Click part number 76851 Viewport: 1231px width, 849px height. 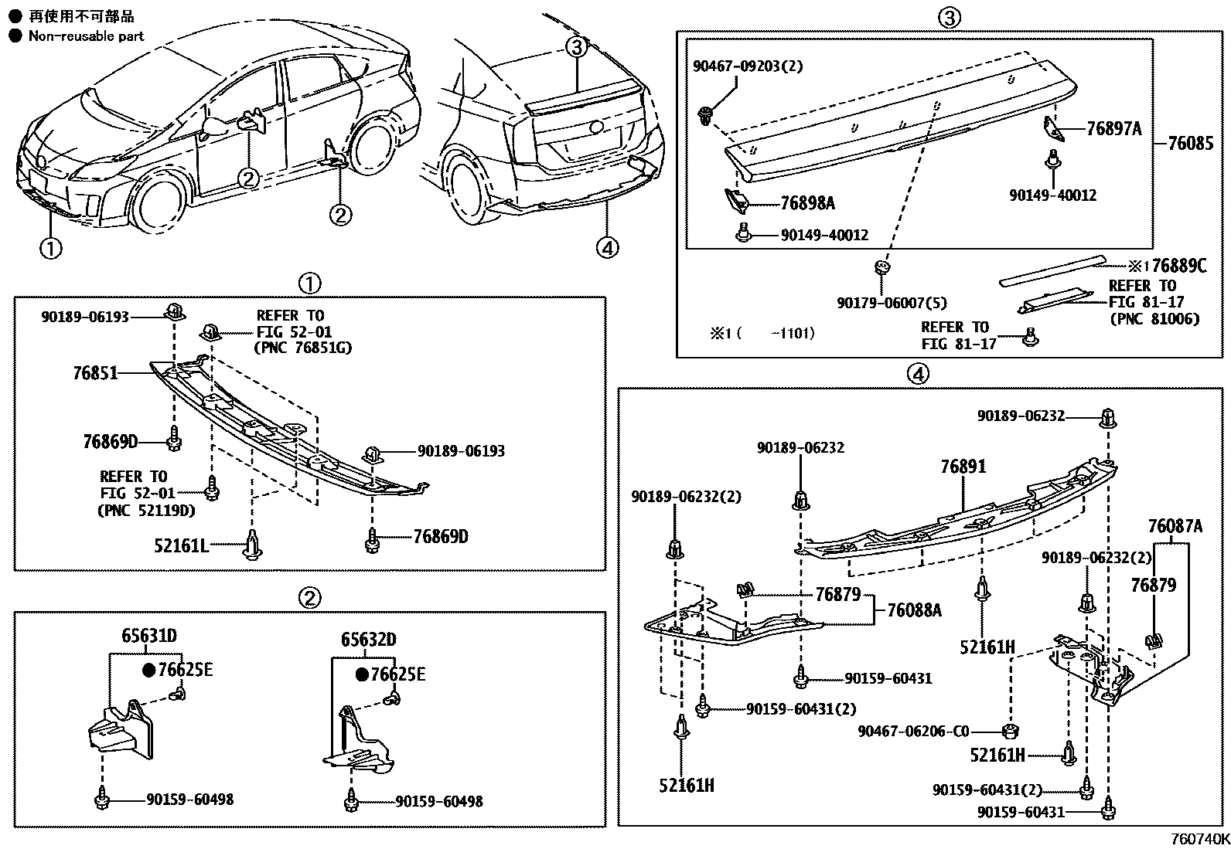click(95, 373)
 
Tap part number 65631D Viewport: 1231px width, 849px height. click(148, 636)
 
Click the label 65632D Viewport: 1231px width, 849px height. click(369, 640)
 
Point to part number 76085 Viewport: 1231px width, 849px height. click(1190, 144)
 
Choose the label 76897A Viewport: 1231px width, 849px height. click(1113, 129)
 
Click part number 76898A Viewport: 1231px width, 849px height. click(807, 203)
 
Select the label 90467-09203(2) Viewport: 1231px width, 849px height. click(747, 66)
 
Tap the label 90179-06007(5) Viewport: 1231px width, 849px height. click(892, 304)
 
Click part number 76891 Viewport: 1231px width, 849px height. click(963, 467)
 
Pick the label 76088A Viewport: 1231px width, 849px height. click(914, 610)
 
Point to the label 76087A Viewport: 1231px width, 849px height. click(1175, 528)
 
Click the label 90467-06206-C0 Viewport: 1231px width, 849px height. click(913, 730)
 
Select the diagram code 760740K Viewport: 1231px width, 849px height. click(1198, 839)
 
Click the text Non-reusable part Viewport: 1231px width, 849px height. click(86, 36)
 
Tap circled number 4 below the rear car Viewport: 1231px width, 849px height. click(608, 248)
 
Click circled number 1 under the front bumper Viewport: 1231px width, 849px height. click(50, 249)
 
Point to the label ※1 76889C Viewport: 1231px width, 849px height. click(1168, 267)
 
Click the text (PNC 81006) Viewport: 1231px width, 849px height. click(1154, 319)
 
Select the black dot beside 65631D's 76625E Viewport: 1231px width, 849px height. click(148, 670)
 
